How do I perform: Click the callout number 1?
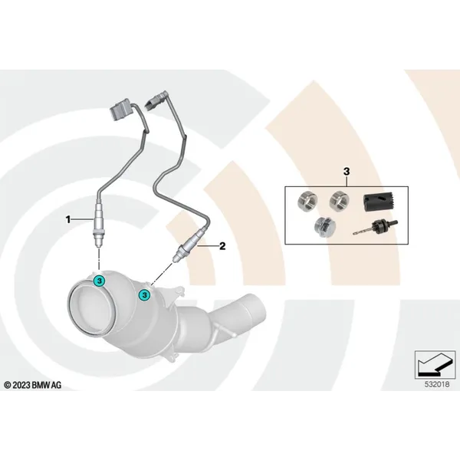pos(68,219)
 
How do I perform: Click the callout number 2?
pos(222,246)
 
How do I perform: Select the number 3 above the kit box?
pos(347,171)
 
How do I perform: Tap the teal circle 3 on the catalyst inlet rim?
pos(100,281)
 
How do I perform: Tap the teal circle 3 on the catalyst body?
pos(144,295)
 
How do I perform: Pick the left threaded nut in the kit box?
pos(307,200)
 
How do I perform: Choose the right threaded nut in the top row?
pos(339,200)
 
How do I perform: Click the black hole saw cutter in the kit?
pos(379,202)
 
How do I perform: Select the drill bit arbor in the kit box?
pos(375,228)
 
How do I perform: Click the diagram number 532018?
pos(437,384)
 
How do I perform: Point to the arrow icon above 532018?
pos(435,365)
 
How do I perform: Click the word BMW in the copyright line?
pos(41,385)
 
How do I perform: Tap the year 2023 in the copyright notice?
pos(21,385)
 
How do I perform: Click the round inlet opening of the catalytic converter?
pos(90,309)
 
